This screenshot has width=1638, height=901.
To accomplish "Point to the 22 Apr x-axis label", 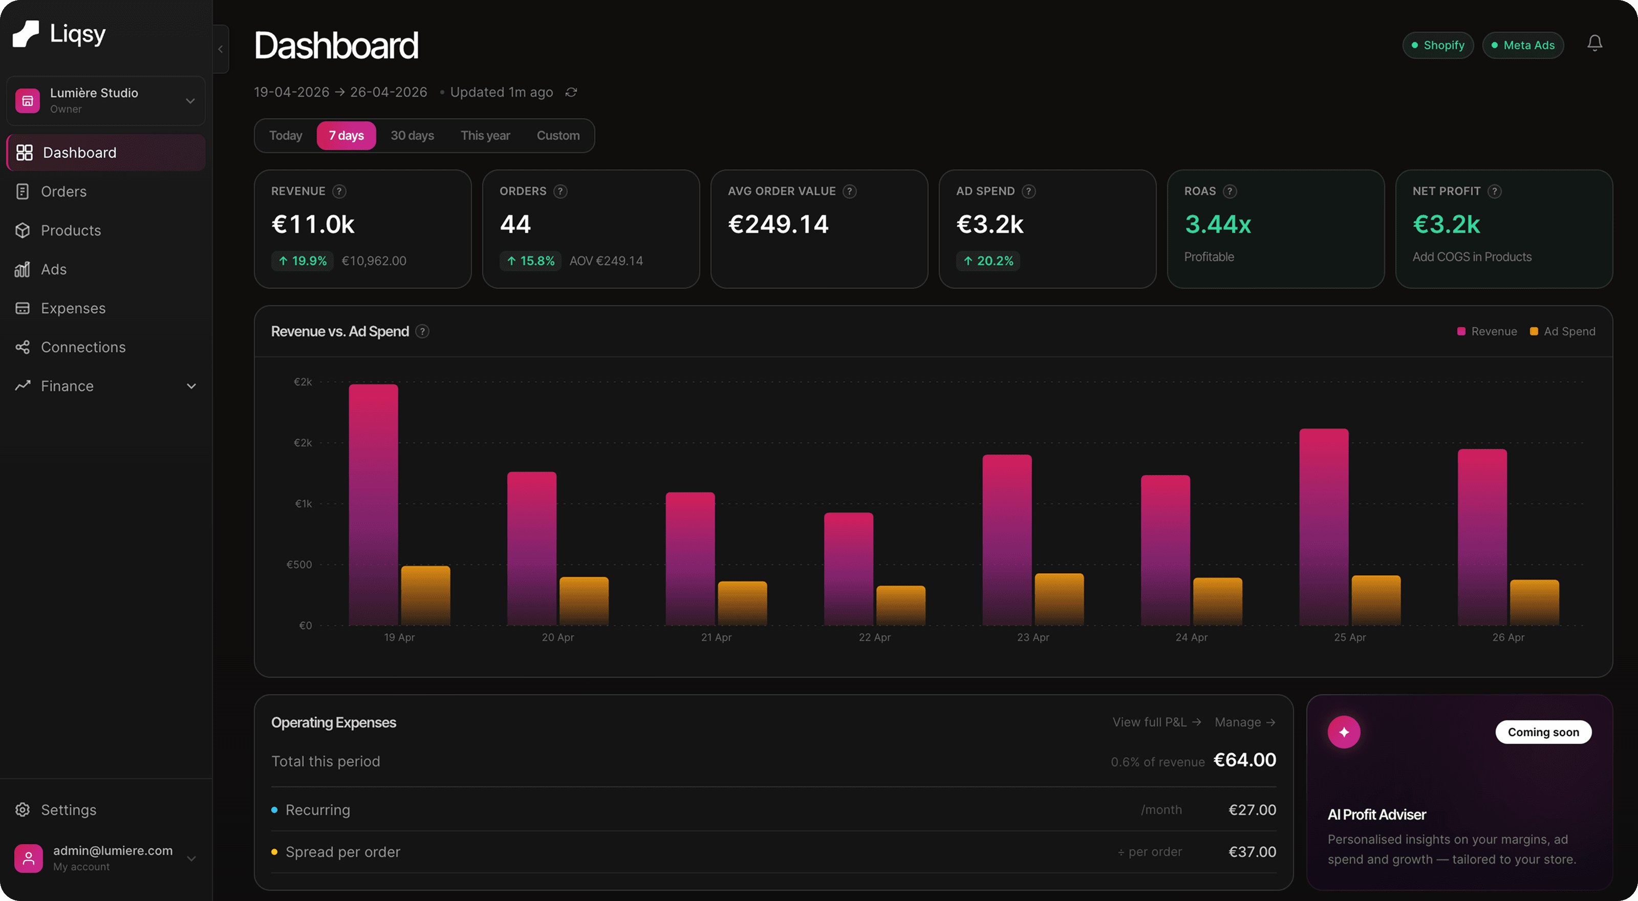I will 874,637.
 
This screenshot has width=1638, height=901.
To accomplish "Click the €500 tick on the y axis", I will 299,565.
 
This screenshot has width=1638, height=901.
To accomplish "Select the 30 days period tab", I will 412,136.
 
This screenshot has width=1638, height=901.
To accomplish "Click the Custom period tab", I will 557,136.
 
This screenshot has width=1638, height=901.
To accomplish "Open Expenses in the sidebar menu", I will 73,308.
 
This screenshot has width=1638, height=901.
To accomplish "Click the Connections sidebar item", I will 82,347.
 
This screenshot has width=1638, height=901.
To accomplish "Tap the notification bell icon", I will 1594,43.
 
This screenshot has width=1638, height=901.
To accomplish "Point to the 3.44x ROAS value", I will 1218,224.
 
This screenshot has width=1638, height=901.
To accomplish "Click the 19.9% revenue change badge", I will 302,261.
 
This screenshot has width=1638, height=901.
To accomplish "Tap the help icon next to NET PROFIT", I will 1495,191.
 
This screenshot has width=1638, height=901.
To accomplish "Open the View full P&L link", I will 1156,722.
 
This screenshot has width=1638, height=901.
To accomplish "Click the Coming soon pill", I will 1543,732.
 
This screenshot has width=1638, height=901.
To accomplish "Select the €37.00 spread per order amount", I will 1252,852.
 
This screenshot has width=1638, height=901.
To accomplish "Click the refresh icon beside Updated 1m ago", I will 571,92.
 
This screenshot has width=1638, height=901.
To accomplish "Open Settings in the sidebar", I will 68,810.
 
